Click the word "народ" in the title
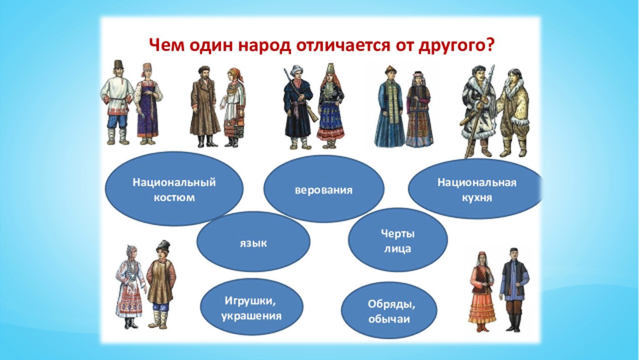point(264,45)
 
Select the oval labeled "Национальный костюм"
point(174,189)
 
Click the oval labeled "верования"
point(324,189)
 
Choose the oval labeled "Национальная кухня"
point(476,189)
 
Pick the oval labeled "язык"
point(253,242)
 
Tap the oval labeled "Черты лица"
point(397,241)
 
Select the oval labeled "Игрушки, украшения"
point(251,307)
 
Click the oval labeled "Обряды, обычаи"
point(389,311)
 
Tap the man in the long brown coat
point(205,107)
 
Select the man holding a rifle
point(299,107)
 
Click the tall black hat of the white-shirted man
point(118,64)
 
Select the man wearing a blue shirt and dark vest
point(514,289)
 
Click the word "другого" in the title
point(452,46)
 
